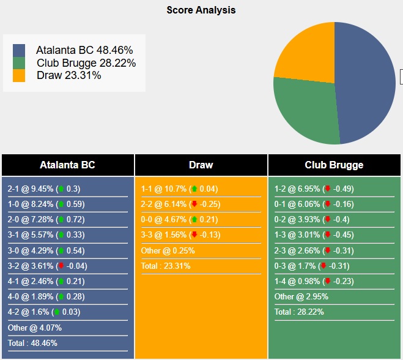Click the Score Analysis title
(x=201, y=10)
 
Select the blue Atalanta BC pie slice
(x=367, y=80)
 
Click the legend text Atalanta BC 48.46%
(x=84, y=50)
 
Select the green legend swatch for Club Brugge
(x=19, y=63)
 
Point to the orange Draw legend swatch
(x=19, y=75)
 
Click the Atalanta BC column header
(x=67, y=165)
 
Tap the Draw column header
(x=201, y=165)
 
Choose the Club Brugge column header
(x=334, y=165)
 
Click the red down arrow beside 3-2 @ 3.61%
(x=61, y=266)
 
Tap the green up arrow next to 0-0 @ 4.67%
(x=194, y=220)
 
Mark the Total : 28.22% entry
(x=299, y=312)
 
